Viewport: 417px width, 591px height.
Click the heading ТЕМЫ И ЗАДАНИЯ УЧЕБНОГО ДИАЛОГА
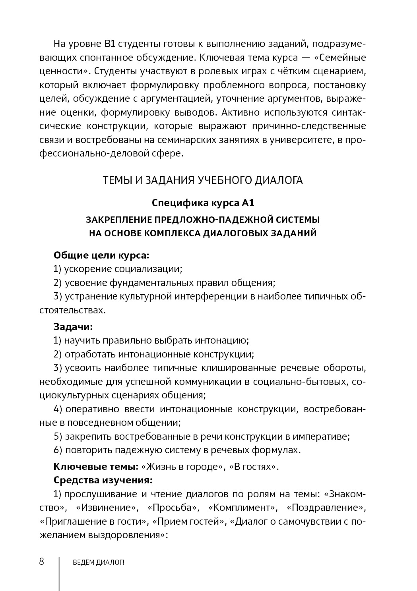click(x=203, y=180)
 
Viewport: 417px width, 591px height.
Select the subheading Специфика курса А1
click(x=203, y=203)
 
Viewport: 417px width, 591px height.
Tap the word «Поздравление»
click(x=326, y=508)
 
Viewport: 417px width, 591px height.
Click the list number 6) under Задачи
click(x=58, y=450)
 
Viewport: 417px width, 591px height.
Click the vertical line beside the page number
click(x=59, y=572)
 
